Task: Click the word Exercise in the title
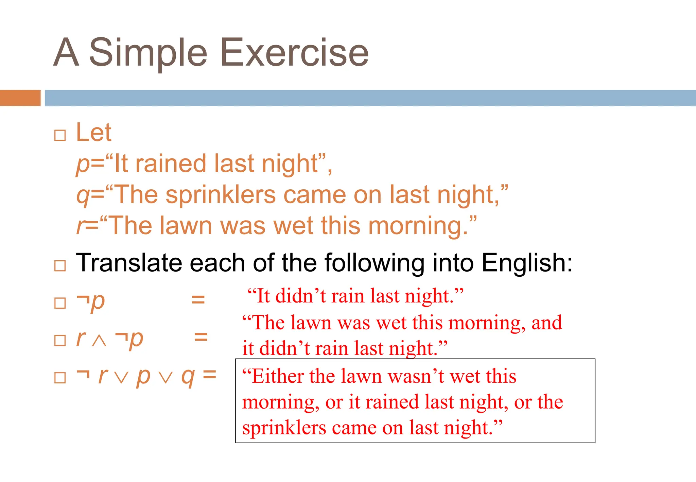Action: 294,53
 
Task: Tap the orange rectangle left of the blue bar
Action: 20,98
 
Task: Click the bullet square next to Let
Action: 60,135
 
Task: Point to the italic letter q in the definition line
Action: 83,196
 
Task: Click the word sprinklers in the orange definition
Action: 221,195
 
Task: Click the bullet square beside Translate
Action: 60,265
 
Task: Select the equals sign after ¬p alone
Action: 198,299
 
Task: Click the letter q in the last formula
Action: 188,377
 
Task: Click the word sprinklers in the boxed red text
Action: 284,428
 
